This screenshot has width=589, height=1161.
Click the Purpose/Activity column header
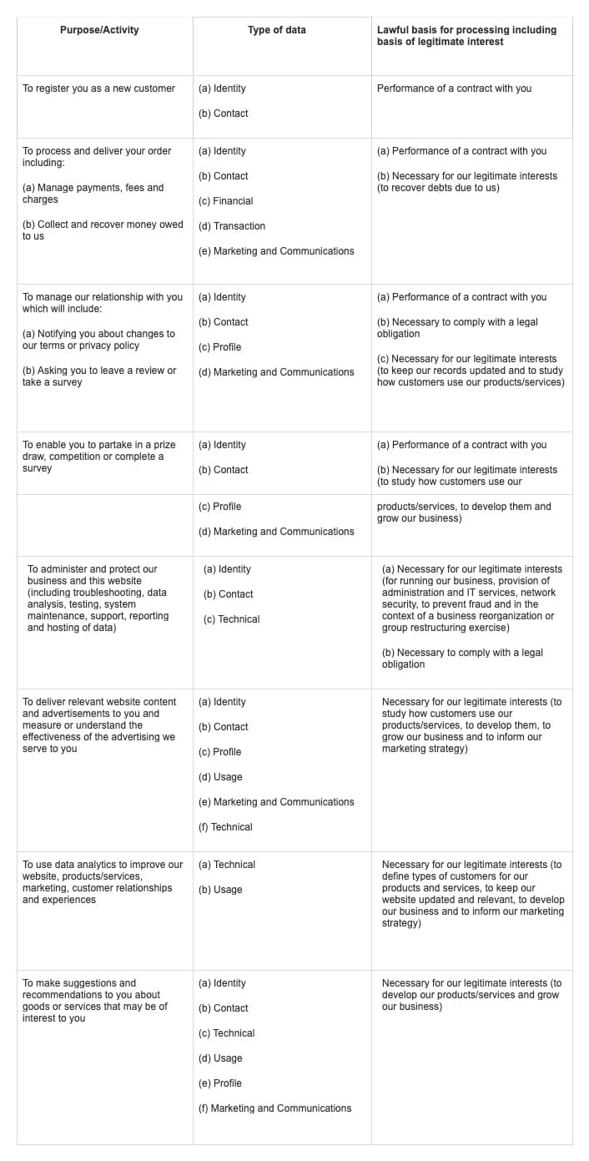pos(99,30)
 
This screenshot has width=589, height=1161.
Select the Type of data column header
pos(277,30)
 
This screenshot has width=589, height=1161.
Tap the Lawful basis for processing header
pos(466,36)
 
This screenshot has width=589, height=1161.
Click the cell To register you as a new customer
pos(98,88)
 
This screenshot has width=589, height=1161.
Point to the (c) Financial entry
pos(225,201)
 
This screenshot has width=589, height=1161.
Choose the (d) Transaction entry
pos(232,226)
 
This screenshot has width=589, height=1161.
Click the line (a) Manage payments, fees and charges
pos(93,194)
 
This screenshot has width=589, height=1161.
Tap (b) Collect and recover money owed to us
pos(102,230)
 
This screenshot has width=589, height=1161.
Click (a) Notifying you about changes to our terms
pos(98,340)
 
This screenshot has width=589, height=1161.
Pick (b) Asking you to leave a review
pos(99,376)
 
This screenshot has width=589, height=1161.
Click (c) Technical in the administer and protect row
pos(231,619)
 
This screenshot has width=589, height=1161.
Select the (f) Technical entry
pos(225,827)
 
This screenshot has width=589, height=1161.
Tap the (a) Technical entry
pos(227,865)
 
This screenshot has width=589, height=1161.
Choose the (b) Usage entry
pos(220,890)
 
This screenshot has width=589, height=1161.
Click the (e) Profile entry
pos(220,1083)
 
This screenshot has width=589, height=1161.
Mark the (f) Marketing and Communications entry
pos(274,1108)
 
